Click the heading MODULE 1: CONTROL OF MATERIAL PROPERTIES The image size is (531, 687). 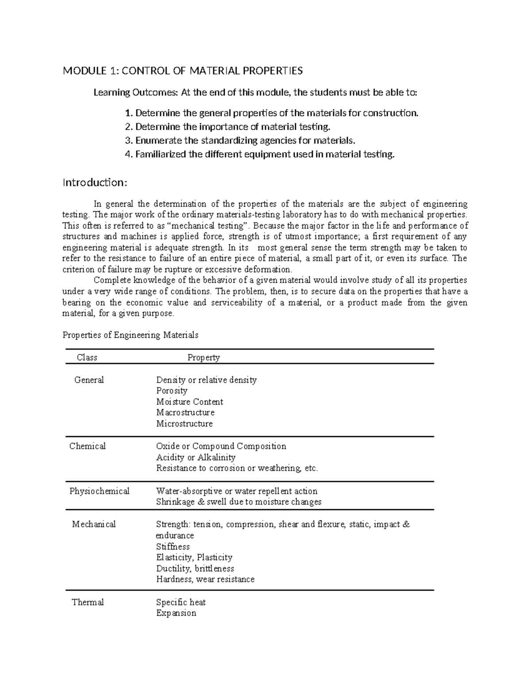pyautogui.click(x=183, y=71)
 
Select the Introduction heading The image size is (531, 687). pyautogui.click(x=95, y=183)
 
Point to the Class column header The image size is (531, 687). pyautogui.click(x=87, y=357)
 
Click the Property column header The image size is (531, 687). pyautogui.click(x=204, y=357)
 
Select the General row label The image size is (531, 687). pyautogui.click(x=89, y=380)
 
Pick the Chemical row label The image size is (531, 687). pyautogui.click(x=88, y=446)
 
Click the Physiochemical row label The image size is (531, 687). pyautogui.click(x=99, y=491)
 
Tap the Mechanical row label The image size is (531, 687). pyautogui.click(x=94, y=524)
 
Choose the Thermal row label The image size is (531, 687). pyautogui.click(x=88, y=602)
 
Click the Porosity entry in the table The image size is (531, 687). pyautogui.click(x=172, y=391)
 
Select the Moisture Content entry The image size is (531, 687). pyautogui.click(x=189, y=402)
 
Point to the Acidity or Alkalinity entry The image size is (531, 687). pyautogui.click(x=196, y=457)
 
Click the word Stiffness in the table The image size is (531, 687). pyautogui.click(x=173, y=546)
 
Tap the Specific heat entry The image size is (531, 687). pyautogui.click(x=181, y=602)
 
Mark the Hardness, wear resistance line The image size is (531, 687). pyautogui.click(x=205, y=580)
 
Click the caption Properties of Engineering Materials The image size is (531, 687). pyautogui.click(x=131, y=335)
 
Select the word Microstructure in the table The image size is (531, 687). pyautogui.click(x=184, y=424)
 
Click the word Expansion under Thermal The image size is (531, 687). pyautogui.click(x=176, y=613)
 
